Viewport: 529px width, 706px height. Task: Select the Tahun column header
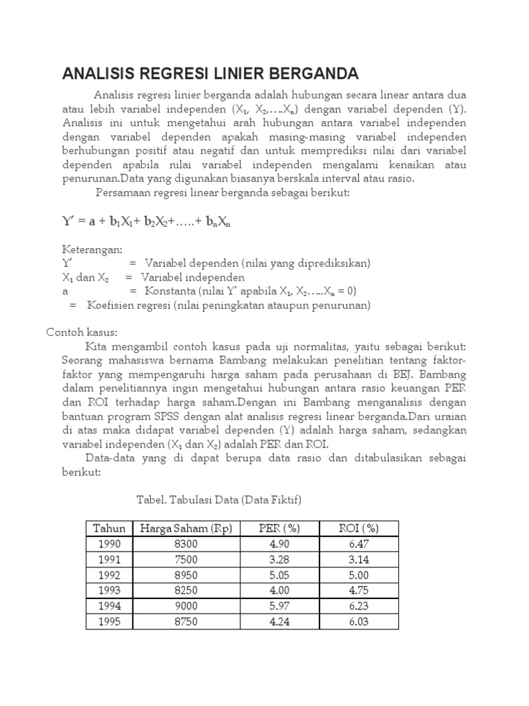109,529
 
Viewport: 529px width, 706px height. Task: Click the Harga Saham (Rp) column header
187,529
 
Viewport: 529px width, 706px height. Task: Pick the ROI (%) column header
359,529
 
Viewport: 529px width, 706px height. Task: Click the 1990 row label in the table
109,545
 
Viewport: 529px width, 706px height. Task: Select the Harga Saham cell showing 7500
187,560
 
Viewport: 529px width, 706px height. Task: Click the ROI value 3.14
359,560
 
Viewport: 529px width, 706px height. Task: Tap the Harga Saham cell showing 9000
187,607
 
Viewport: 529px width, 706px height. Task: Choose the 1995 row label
109,622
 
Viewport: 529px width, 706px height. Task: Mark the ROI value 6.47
359,545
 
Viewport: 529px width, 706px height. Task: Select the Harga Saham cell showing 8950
187,576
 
